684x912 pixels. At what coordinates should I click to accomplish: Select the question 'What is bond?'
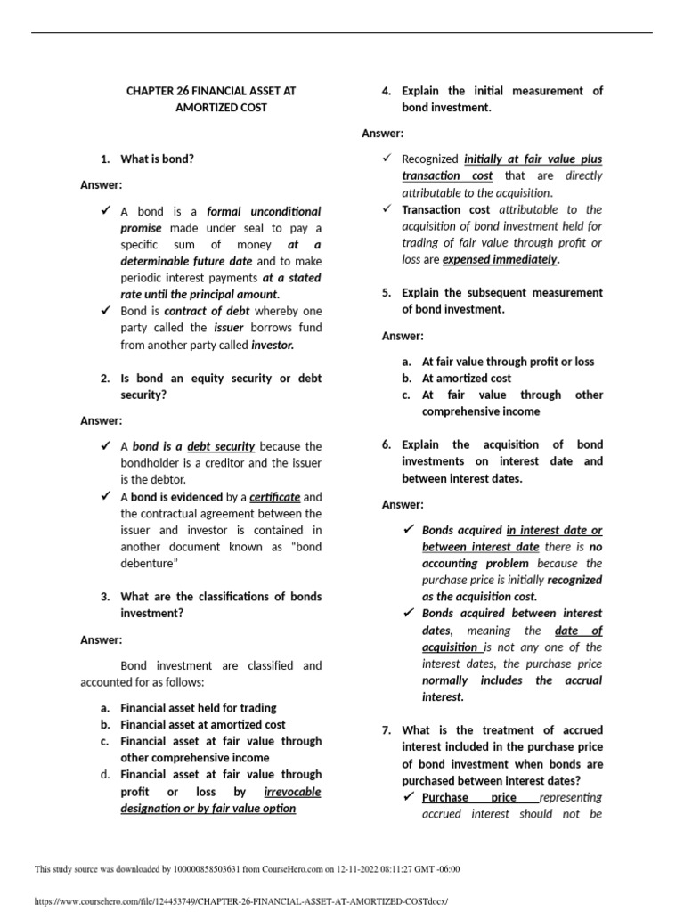pyautogui.click(x=157, y=159)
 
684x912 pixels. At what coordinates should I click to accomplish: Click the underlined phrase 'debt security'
pyautogui.click(x=221, y=446)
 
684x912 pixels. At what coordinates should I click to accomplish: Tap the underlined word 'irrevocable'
pyautogui.click(x=292, y=792)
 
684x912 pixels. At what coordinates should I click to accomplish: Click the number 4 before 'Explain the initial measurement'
pyautogui.click(x=386, y=91)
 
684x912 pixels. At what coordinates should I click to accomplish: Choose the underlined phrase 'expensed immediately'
pyautogui.click(x=501, y=260)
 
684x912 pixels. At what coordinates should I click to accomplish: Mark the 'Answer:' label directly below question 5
pyautogui.click(x=403, y=336)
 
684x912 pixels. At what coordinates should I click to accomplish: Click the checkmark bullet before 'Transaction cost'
pyautogui.click(x=387, y=209)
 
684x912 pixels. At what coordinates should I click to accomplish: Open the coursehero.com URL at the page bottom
pyautogui.click(x=240, y=901)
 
